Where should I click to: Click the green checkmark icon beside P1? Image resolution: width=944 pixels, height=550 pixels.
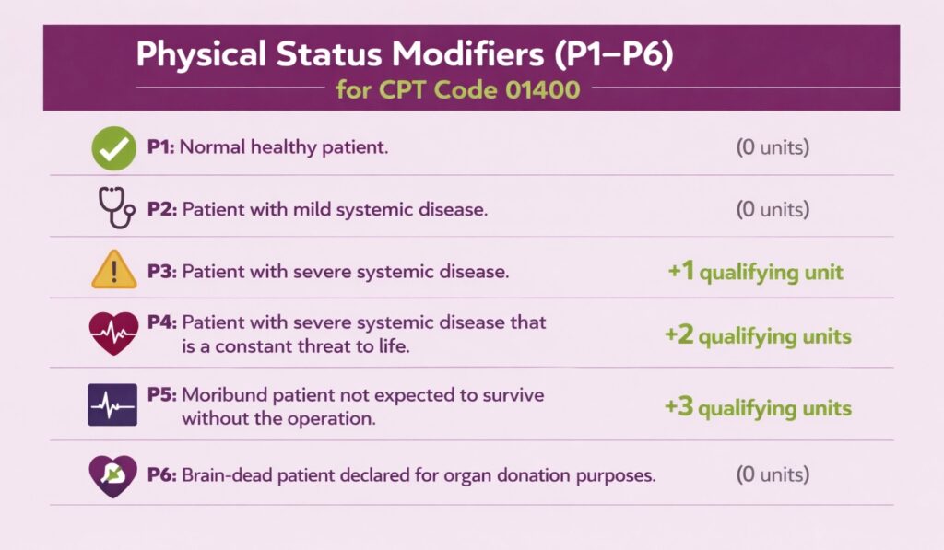click(114, 148)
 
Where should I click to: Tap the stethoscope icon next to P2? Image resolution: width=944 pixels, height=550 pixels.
click(115, 208)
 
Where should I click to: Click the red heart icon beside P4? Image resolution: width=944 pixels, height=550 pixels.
click(113, 334)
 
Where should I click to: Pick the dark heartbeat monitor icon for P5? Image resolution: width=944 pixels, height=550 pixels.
click(112, 405)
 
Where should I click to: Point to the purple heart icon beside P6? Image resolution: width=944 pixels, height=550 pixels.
click(113, 476)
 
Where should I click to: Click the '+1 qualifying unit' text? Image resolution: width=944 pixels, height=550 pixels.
click(754, 272)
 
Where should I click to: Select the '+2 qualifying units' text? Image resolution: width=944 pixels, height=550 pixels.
click(758, 336)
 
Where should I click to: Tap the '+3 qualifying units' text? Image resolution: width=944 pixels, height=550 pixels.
click(758, 407)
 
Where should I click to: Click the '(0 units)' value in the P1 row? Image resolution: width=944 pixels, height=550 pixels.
click(773, 147)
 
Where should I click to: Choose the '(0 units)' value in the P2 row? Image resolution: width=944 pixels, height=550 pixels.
click(773, 209)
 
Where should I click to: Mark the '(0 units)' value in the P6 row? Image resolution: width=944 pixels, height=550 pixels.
click(773, 475)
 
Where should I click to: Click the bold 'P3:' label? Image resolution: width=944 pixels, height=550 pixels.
click(162, 273)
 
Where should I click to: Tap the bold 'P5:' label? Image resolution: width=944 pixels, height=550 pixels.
click(162, 395)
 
